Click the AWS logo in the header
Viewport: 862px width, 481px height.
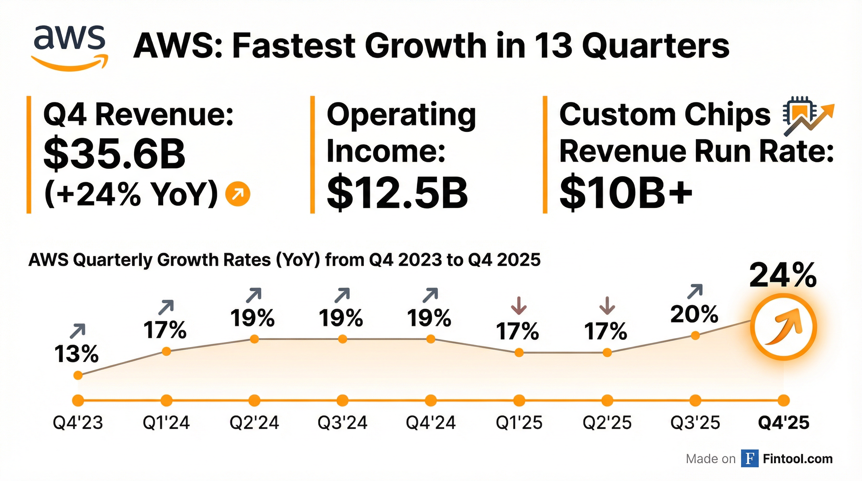point(70,47)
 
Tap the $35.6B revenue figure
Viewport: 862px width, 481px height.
point(114,153)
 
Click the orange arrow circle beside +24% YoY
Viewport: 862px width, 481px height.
point(238,194)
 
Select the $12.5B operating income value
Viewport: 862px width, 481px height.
point(397,193)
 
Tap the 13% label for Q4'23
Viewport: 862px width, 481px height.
point(76,354)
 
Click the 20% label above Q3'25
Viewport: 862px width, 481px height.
point(694,314)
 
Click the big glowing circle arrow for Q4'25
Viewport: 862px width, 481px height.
point(783,327)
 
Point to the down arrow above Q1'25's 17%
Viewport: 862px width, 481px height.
point(519,305)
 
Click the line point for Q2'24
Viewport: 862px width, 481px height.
point(254,339)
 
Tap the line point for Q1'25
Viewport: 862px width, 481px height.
point(519,353)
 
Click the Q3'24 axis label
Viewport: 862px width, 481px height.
point(342,422)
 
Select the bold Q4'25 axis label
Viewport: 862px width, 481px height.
point(783,422)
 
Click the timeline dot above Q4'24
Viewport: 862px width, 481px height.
point(431,400)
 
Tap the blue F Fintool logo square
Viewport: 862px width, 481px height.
point(750,458)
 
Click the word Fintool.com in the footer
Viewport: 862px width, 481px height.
point(797,458)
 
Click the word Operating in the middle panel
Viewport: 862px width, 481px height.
point(401,115)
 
